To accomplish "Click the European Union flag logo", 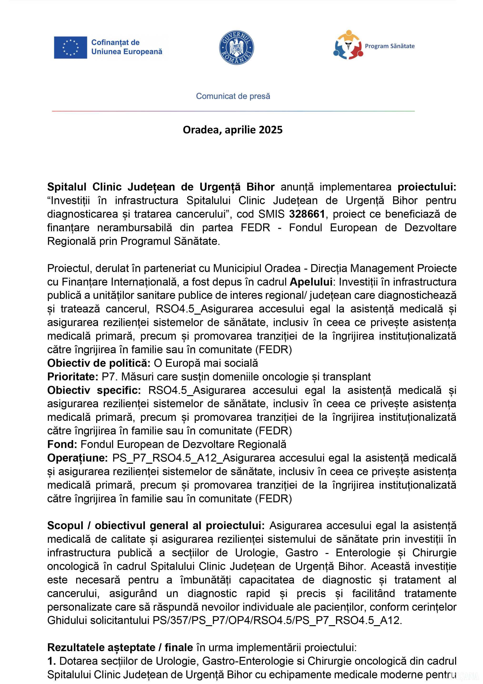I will [70, 48].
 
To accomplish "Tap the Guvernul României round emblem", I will [236, 48].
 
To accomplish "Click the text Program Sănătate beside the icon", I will [389, 46].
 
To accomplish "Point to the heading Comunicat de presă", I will [233, 96].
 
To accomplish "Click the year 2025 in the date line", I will [271, 130].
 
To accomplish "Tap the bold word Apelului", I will [311, 282].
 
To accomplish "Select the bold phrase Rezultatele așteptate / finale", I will [120, 647].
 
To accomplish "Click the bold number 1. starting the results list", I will [51, 661].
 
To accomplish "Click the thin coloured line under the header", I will [233, 111].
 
